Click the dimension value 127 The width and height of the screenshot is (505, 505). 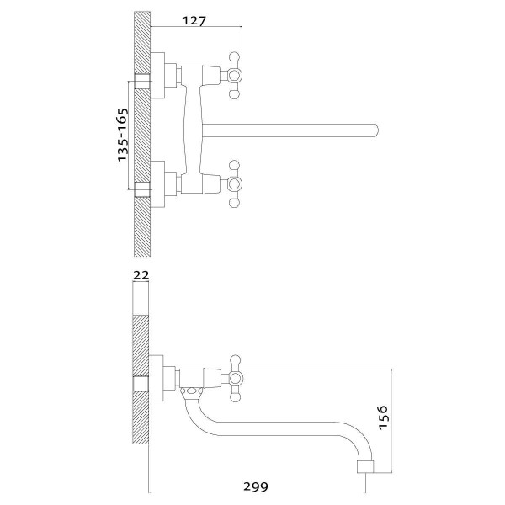194,21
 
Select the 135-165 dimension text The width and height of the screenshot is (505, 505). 123,136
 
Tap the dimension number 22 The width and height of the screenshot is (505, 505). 141,275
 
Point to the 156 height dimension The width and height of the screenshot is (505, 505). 383,417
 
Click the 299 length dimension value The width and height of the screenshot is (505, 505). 255,486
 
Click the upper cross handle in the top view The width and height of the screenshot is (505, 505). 234,76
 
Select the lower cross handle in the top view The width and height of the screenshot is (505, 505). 234,183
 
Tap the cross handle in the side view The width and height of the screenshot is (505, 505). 236,379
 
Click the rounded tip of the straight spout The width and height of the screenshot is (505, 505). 376,130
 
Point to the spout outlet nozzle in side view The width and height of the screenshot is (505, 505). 365,467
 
